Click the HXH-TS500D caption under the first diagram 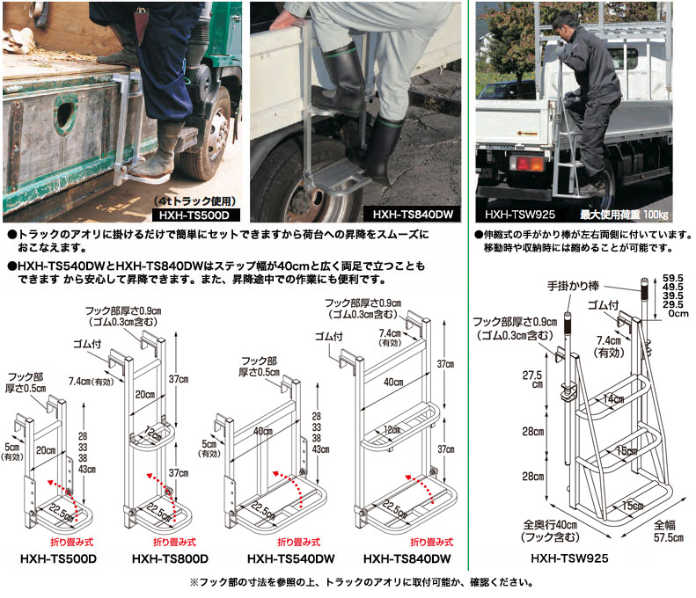tap(58, 558)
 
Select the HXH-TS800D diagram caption tap(170, 558)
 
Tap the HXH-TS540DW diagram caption tap(290, 558)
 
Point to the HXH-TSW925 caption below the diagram tap(569, 558)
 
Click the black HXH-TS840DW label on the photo tap(413, 215)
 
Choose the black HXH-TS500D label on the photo tap(195, 215)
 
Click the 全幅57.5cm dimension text tap(668, 531)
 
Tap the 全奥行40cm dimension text tap(551, 531)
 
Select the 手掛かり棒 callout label tap(573, 286)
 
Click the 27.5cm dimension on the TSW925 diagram tap(532, 379)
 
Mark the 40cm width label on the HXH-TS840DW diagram tap(393, 382)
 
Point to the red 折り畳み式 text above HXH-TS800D tap(174, 542)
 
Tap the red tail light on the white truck tap(527, 163)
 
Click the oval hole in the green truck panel tap(65, 113)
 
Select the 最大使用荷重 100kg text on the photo tap(624, 215)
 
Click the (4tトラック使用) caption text tap(194, 201)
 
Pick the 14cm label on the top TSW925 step tap(613, 399)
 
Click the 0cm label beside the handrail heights tap(678, 314)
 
